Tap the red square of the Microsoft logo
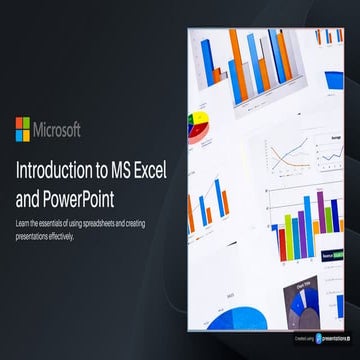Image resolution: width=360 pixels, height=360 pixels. (x=18, y=123)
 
